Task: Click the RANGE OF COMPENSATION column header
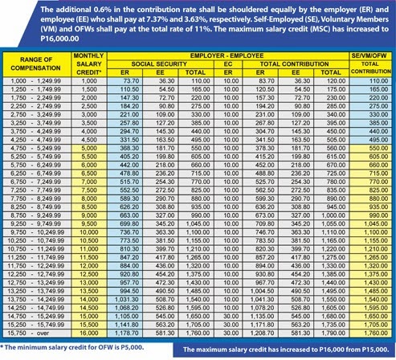(x=35, y=63)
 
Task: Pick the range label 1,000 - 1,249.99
(x=35, y=81)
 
